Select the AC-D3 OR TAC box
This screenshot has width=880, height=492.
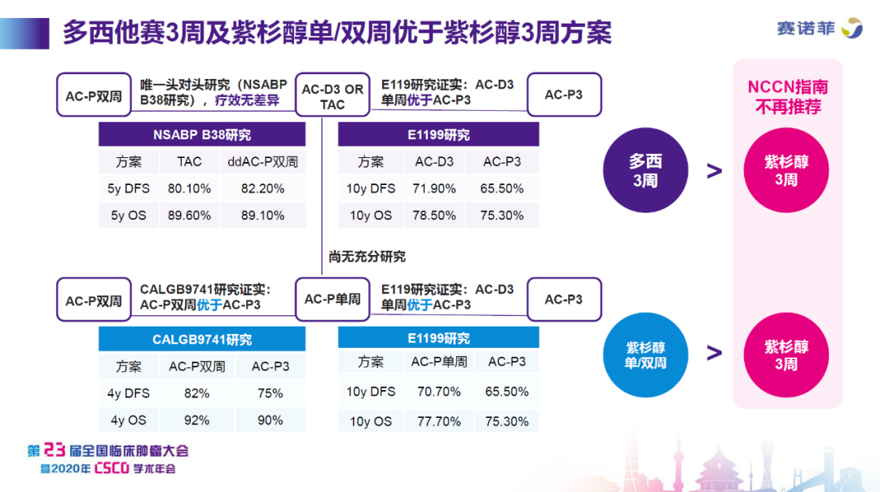(332, 96)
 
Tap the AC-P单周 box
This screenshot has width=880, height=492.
(332, 299)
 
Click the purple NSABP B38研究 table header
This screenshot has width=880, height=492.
(201, 134)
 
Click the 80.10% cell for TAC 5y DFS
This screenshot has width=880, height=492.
(189, 188)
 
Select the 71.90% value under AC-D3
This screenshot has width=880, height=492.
(434, 188)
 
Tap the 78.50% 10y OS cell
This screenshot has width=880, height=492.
(434, 215)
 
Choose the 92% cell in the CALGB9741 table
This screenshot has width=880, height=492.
(197, 420)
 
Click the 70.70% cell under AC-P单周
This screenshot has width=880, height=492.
(438, 392)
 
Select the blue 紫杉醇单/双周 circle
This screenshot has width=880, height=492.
(645, 355)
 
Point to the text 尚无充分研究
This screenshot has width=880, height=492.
(367, 257)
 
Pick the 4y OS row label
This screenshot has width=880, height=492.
(128, 420)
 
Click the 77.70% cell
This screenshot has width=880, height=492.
(438, 421)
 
